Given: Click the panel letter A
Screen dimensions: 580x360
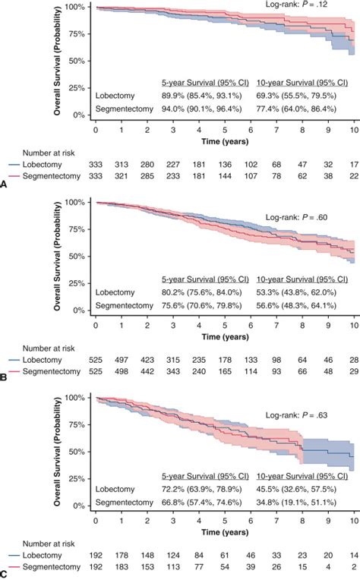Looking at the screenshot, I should pyautogui.click(x=5, y=183).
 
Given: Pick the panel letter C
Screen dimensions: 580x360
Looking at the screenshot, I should pyautogui.click(x=5, y=575).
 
